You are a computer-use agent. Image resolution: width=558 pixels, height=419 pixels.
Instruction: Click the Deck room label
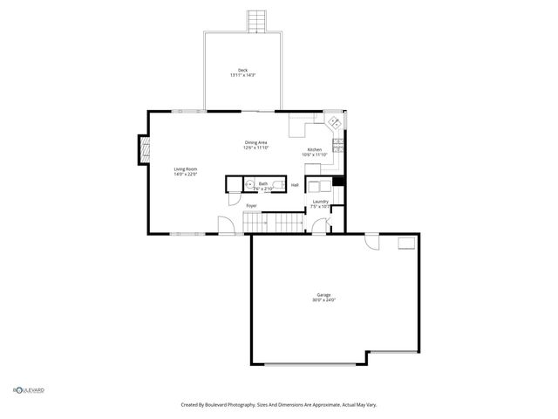click(x=242, y=70)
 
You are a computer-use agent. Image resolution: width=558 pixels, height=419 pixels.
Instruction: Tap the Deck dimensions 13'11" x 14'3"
click(x=242, y=75)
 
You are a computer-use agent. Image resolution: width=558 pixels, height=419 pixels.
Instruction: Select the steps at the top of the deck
click(x=255, y=21)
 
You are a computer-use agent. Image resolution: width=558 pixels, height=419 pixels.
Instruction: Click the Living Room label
click(x=186, y=169)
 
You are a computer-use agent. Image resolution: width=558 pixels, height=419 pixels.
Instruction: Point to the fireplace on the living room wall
click(x=141, y=150)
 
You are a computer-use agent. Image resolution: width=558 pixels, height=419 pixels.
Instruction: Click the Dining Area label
click(x=255, y=142)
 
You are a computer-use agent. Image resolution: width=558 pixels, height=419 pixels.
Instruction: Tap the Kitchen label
click(x=314, y=149)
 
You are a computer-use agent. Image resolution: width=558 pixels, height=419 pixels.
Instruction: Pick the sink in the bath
click(x=248, y=184)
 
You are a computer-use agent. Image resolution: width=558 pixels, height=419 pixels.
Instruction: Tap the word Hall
click(x=295, y=184)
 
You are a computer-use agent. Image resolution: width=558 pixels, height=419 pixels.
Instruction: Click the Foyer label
click(x=251, y=205)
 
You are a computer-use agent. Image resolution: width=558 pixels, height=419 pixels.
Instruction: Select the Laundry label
click(x=321, y=202)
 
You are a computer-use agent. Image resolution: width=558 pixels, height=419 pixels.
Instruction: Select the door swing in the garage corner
click(x=372, y=243)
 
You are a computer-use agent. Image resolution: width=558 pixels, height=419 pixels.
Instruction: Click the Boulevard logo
click(x=28, y=390)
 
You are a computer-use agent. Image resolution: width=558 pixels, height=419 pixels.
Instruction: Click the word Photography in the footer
click(x=238, y=404)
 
